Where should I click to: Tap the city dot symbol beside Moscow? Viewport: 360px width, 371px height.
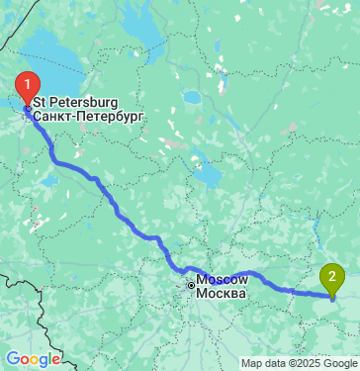pyautogui.click(x=193, y=287)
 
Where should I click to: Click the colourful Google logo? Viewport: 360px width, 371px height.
pyautogui.click(x=33, y=359)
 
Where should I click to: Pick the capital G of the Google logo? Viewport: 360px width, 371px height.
pyautogui.click(x=12, y=359)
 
